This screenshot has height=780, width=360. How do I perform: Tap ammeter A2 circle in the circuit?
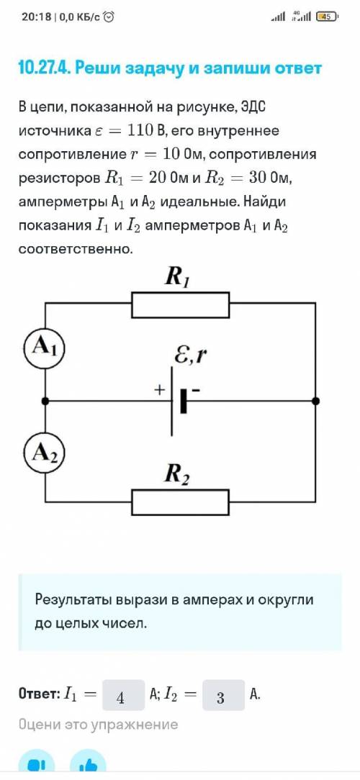45,453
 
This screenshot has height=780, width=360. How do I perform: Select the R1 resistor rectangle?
180,305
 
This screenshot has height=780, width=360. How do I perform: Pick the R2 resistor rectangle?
180,502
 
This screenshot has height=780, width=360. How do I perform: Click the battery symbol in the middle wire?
179,401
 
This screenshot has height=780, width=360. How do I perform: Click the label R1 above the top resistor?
178,278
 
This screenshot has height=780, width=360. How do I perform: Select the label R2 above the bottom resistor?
178,475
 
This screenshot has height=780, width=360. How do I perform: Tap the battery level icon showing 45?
327,17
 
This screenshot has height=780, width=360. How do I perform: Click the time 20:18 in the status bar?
36,17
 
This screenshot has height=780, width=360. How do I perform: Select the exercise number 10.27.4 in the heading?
44,68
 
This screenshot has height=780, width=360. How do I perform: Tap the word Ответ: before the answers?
39,694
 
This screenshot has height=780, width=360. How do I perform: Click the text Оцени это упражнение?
98,725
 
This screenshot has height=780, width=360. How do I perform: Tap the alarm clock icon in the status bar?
109,17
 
